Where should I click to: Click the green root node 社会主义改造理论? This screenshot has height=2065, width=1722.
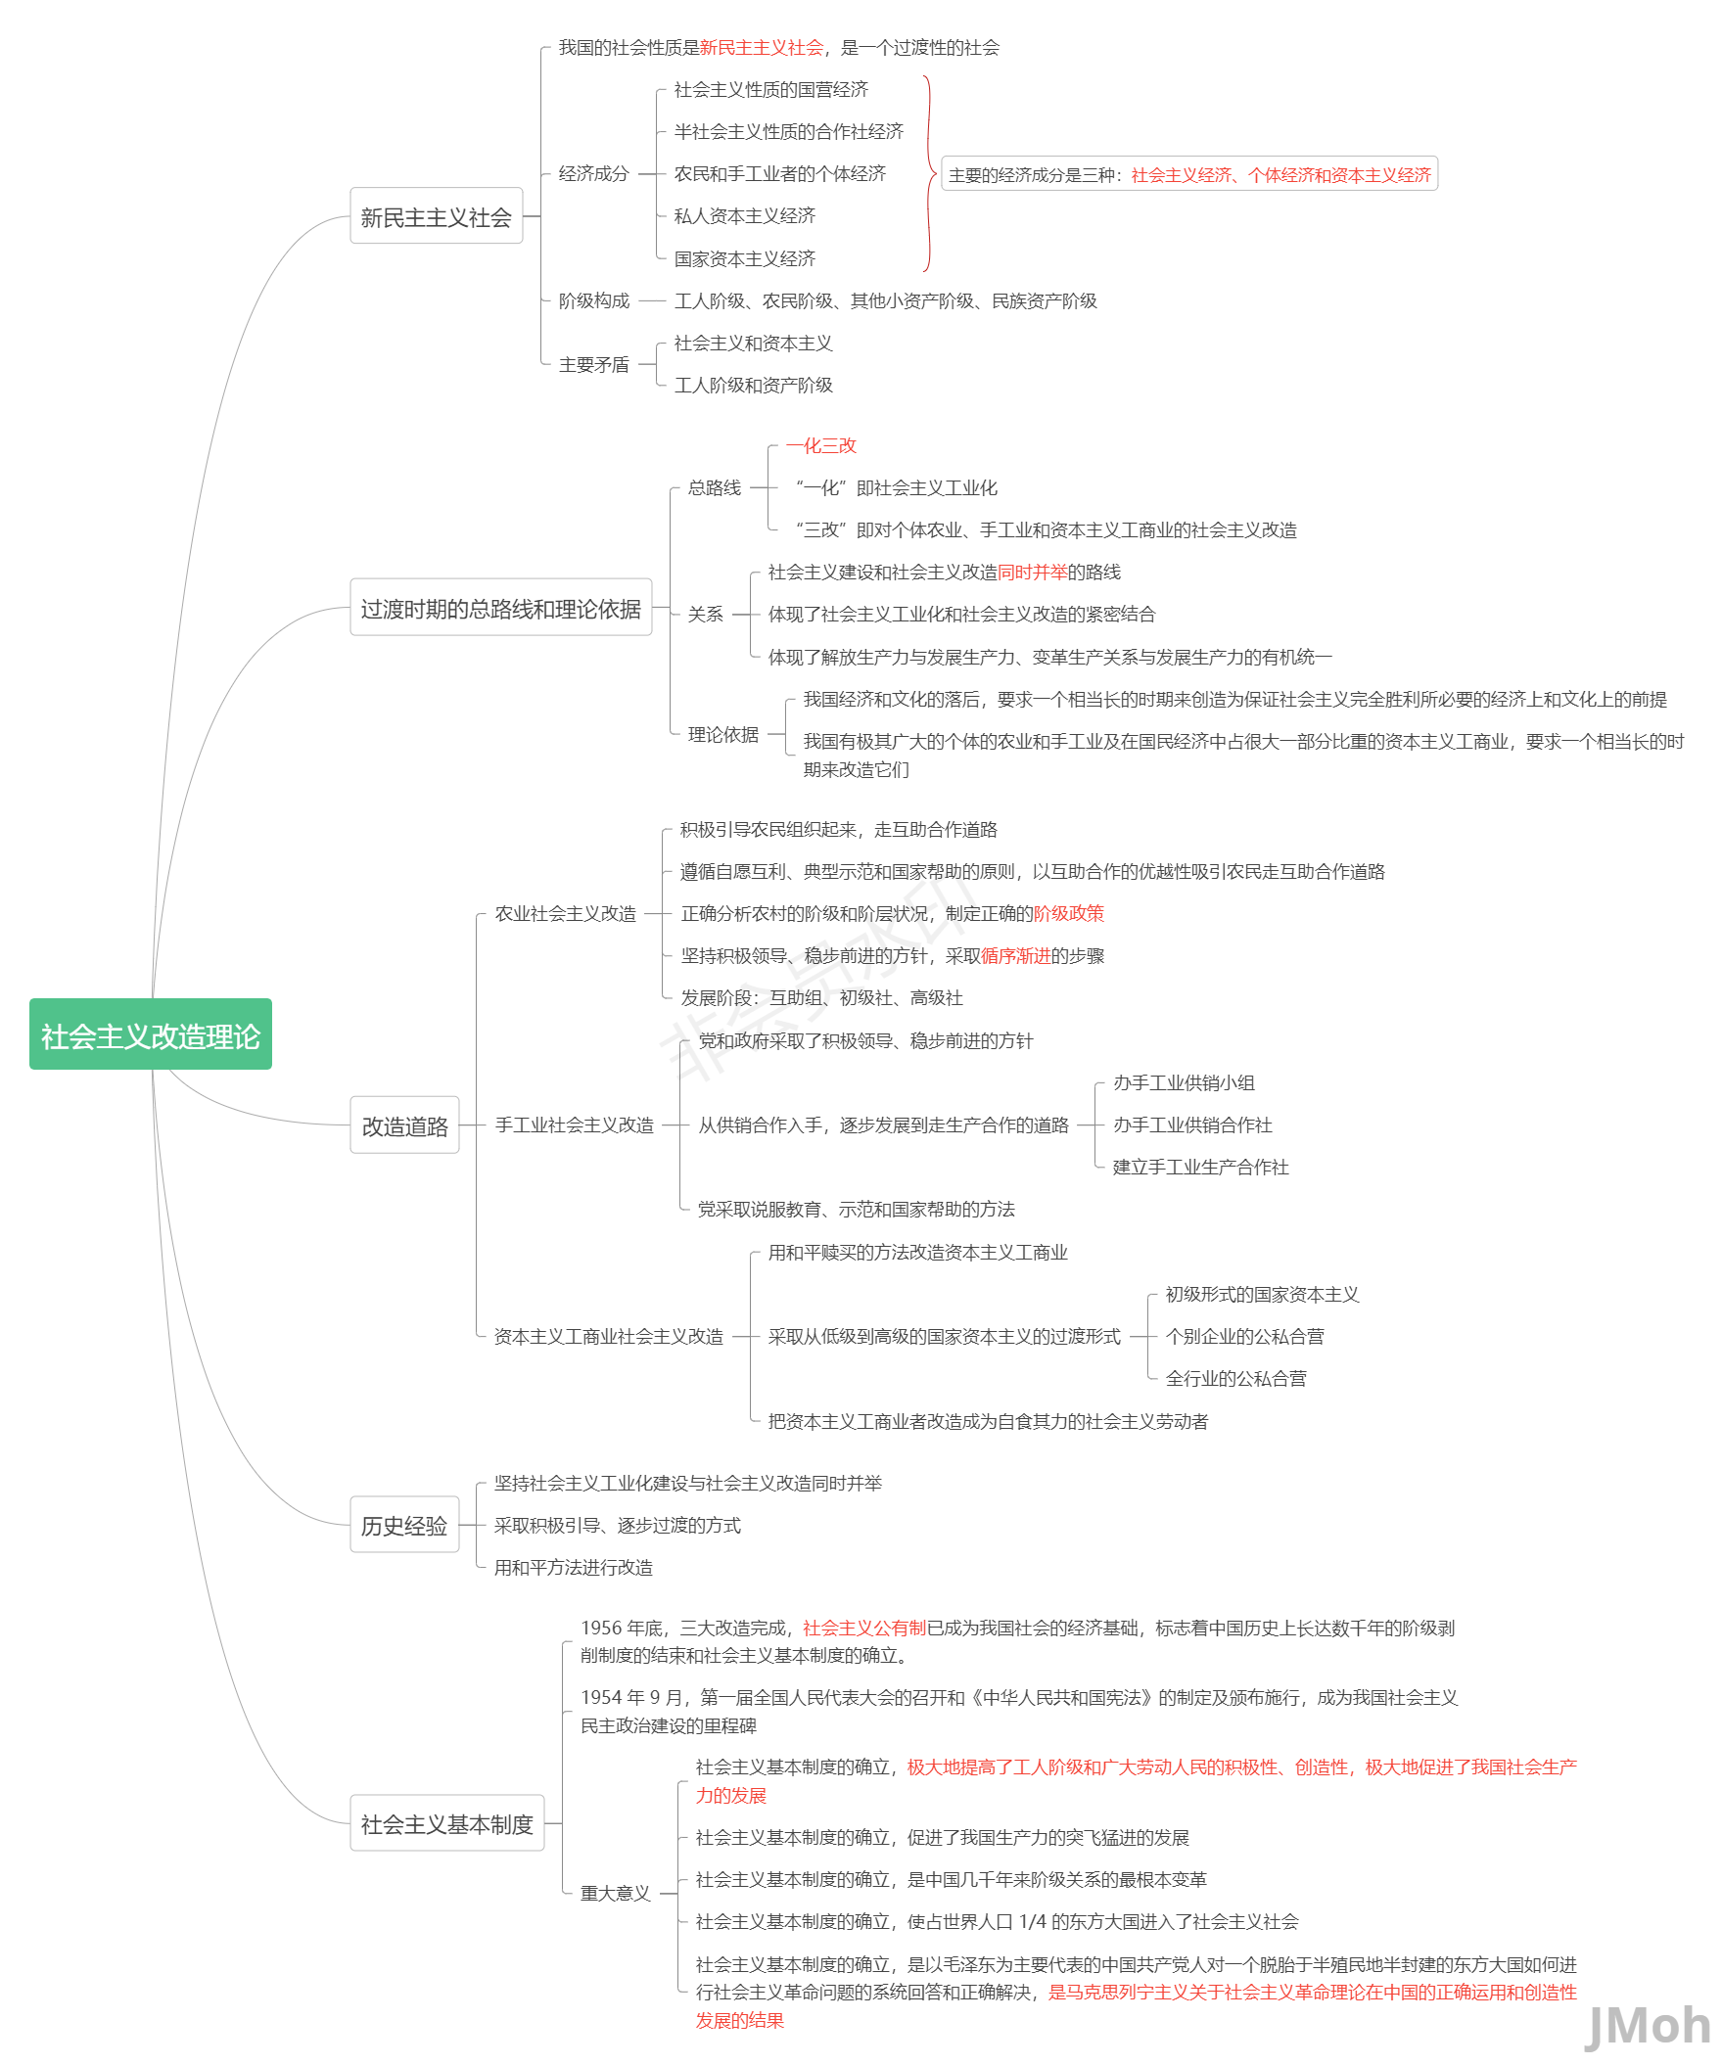coord(151,1034)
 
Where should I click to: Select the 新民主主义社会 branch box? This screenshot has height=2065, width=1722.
coord(436,216)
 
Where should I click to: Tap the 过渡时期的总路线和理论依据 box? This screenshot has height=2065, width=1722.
coord(500,608)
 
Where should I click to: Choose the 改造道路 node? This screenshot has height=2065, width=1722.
coord(404,1124)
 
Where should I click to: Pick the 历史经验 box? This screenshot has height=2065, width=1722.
coord(404,1525)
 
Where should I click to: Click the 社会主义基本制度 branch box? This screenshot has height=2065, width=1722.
coord(446,1824)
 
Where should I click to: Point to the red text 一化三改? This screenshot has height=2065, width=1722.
coord(821,445)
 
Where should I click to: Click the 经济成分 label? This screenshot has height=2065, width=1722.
coord(594,174)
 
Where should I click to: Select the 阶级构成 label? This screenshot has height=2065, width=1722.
coord(594,300)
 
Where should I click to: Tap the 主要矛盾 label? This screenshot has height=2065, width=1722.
coord(594,365)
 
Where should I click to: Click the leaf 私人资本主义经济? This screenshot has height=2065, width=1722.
coord(744,216)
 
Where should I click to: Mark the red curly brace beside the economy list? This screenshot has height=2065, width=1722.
coord(929,174)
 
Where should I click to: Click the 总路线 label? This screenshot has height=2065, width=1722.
coord(714,487)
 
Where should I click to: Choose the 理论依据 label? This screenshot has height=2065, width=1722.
coord(722,735)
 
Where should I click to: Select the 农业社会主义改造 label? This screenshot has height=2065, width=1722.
coord(566,913)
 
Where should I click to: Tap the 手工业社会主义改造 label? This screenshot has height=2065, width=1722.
coord(575,1124)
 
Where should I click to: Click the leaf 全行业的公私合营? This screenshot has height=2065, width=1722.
coord(1236,1379)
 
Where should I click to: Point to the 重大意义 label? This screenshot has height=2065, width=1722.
coord(616,1893)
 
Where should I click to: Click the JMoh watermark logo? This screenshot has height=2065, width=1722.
coord(1649,2026)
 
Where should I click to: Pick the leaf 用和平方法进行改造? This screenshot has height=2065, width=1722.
coord(574,1568)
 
